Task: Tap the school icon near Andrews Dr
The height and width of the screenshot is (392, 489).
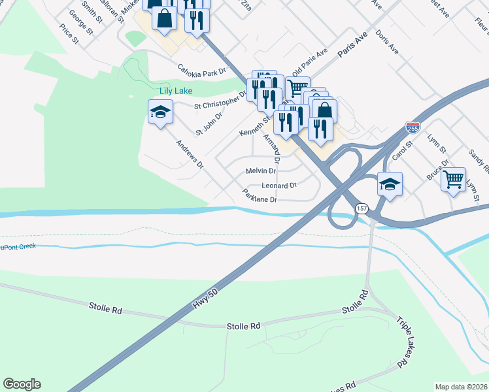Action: (x=160, y=113)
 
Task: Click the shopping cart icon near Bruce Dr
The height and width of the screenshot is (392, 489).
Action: (x=453, y=178)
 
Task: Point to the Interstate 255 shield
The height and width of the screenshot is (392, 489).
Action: (x=413, y=127)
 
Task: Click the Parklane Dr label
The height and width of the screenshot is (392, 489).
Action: (x=260, y=195)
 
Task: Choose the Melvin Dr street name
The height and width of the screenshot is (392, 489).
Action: (x=261, y=171)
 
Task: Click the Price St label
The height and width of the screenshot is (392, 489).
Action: (x=69, y=34)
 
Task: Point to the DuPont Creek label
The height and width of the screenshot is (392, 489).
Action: (x=18, y=247)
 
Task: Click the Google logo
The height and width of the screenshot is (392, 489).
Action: (x=22, y=384)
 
